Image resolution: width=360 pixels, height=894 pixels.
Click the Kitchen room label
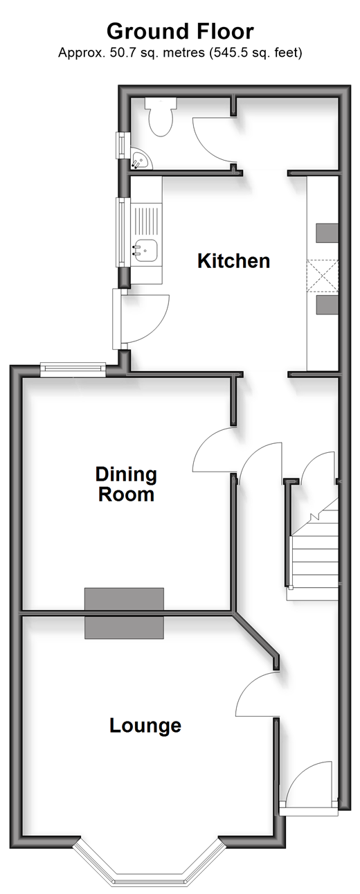tap(233, 261)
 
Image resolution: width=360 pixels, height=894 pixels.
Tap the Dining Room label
tap(126, 484)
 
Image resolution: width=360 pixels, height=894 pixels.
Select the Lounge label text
tap(145, 726)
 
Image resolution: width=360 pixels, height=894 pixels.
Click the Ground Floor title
tap(180, 32)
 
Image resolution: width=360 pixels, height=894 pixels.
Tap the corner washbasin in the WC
tap(140, 160)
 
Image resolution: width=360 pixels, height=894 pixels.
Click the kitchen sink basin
tap(145, 250)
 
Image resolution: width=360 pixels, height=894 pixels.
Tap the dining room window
tap(73, 369)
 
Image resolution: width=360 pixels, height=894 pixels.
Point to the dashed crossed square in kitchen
tap(323, 276)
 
